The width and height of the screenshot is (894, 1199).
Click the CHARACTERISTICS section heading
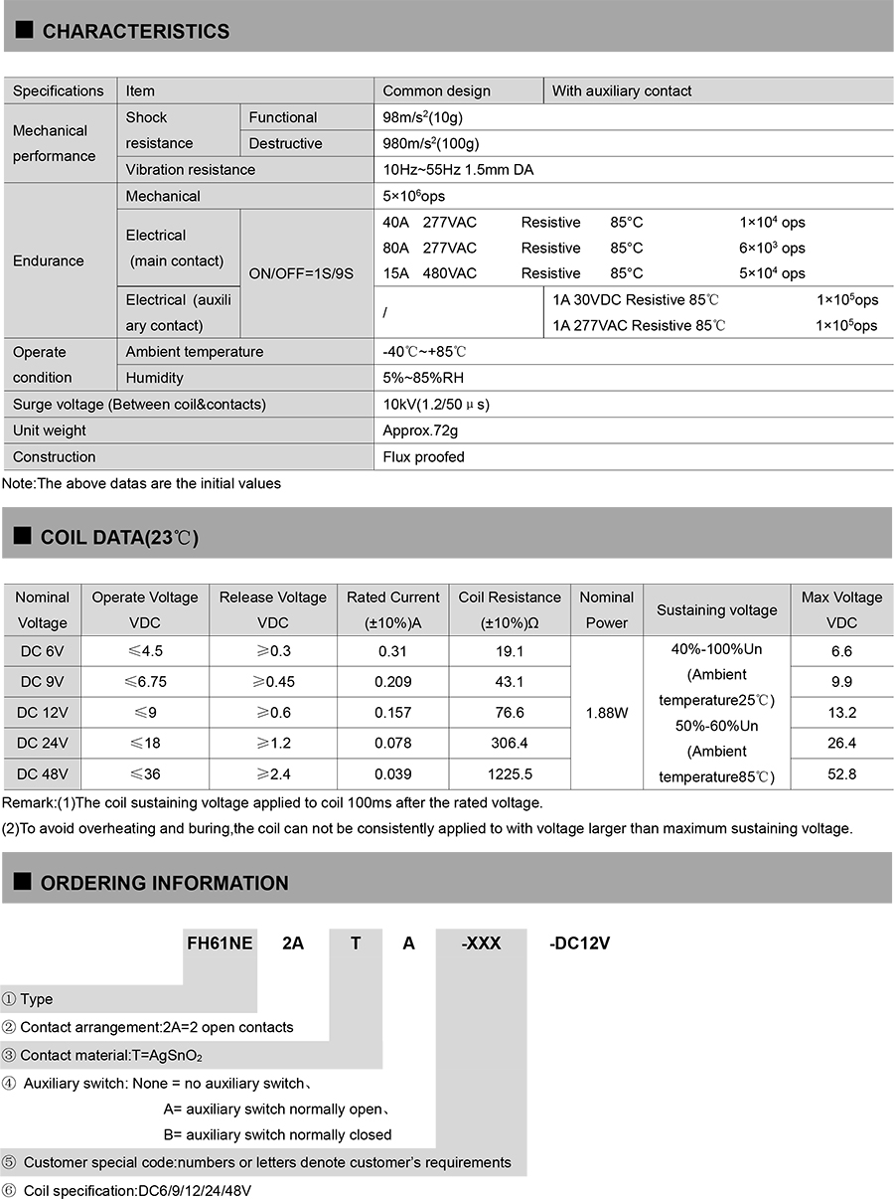[135, 32]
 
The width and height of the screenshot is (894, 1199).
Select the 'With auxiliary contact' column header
[621, 90]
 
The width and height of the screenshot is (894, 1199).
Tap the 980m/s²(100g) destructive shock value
[435, 143]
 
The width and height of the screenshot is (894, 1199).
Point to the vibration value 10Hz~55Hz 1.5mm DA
[458, 169]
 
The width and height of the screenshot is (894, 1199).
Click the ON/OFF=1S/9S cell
[301, 273]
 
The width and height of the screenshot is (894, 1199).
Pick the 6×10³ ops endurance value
[772, 248]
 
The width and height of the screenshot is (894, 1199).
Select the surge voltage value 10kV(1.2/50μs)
[436, 405]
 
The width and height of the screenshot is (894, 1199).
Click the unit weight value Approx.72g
[420, 430]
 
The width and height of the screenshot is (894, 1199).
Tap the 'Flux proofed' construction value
[423, 457]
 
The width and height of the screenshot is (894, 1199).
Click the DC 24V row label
[42, 743]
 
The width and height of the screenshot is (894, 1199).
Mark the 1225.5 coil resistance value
[510, 773]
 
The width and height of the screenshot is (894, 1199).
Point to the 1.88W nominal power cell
[606, 713]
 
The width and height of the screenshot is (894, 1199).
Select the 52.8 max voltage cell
[841, 773]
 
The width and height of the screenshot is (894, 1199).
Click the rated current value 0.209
[393, 682]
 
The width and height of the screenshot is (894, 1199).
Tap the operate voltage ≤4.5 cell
[144, 651]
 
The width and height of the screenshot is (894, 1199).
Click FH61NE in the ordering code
[220, 942]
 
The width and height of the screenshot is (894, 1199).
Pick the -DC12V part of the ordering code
[579, 942]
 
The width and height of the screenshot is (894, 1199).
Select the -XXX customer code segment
[481, 942]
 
